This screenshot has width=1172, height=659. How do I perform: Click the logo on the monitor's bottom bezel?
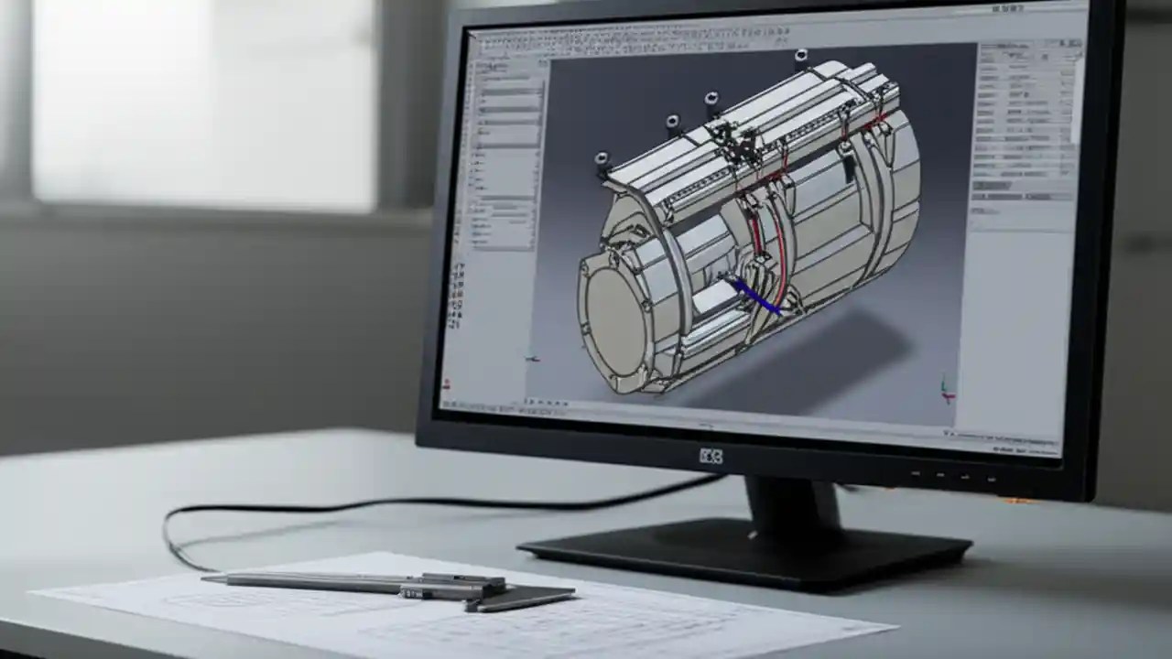click(711, 455)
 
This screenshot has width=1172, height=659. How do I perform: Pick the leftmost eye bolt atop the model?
click(602, 162)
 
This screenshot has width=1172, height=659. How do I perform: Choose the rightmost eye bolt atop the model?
click(801, 57)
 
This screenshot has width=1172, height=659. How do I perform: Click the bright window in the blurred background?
click(201, 101)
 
